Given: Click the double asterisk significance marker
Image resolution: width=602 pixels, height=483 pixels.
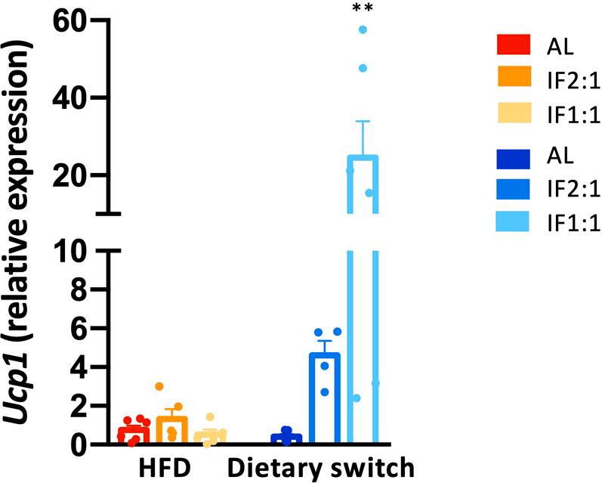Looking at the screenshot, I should pyautogui.click(x=363, y=9).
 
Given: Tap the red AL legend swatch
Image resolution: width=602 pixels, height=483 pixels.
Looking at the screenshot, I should pyautogui.click(x=515, y=46).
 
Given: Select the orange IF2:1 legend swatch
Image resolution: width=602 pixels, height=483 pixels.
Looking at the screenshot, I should pyautogui.click(x=515, y=78).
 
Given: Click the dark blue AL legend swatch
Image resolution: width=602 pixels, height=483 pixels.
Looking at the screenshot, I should pyautogui.click(x=515, y=159).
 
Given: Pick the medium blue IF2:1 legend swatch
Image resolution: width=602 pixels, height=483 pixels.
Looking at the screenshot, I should pyautogui.click(x=515, y=191).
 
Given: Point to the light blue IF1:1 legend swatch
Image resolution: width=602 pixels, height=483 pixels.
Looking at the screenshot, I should pyautogui.click(x=515, y=224).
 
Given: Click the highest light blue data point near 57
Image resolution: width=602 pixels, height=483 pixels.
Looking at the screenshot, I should pyautogui.click(x=363, y=29).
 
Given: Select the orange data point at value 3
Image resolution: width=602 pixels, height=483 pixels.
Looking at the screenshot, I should pyautogui.click(x=159, y=386).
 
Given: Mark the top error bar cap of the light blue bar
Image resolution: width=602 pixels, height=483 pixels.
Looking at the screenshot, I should pyautogui.click(x=363, y=122).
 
